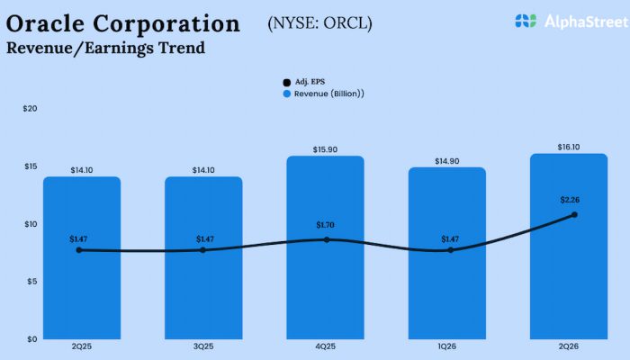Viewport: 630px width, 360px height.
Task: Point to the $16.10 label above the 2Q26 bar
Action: coord(569,146)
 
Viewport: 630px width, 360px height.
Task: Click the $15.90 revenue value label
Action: coord(325,148)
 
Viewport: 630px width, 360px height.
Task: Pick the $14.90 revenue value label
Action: coord(447,159)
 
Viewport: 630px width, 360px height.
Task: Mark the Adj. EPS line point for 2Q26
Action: coord(573,214)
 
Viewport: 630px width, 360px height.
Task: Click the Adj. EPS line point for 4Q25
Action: coord(327,239)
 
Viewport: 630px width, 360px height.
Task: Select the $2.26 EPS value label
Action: coord(569,202)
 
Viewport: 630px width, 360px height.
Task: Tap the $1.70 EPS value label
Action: coord(325,224)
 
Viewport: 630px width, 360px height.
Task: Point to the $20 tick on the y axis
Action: coord(30,108)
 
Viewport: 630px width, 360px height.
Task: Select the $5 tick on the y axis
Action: coord(31,281)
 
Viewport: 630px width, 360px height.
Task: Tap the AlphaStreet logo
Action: coord(564,21)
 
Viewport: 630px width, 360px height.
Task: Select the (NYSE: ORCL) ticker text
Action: coord(319,22)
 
